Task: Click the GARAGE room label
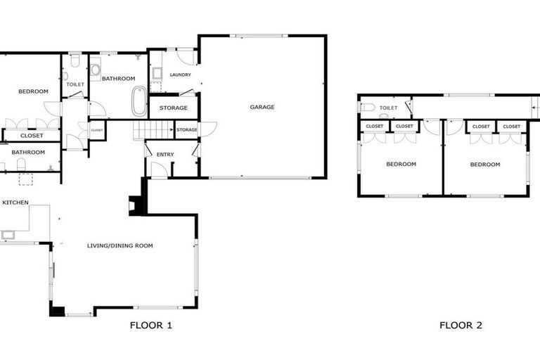262,107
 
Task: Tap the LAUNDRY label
180,75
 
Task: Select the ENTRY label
165,155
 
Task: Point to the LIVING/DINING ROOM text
120,245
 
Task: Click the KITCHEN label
15,202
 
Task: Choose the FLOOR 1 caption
150,326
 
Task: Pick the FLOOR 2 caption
461,326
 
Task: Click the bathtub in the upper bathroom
139,100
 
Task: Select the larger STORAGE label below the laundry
173,108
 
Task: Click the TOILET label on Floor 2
388,108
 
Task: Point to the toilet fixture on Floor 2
366,108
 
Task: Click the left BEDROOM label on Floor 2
401,164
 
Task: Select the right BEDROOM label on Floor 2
485,164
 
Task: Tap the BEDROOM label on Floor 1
32,91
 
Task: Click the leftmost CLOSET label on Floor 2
374,127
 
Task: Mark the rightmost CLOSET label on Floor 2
511,127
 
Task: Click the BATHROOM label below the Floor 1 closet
28,152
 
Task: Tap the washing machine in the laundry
157,74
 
